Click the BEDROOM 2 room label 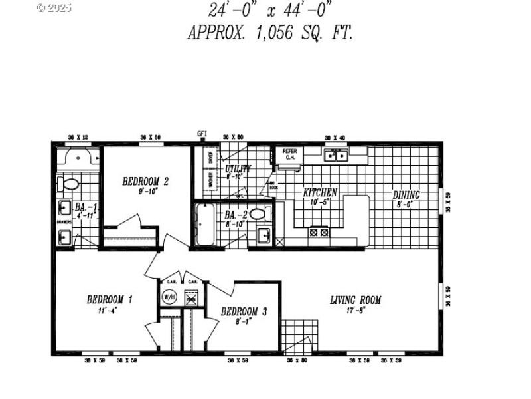[x=145, y=181]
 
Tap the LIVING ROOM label [x=356, y=300]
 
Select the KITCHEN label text [x=321, y=193]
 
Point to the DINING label [x=406, y=195]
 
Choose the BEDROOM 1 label [x=110, y=299]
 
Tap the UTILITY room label [x=238, y=169]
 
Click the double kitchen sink [x=336, y=156]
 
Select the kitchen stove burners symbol [x=319, y=232]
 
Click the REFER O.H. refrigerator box [x=289, y=154]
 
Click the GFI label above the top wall [x=202, y=134]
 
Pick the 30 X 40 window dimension [x=335, y=137]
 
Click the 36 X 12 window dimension [x=78, y=137]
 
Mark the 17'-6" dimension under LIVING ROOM [x=356, y=310]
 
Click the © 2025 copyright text [x=54, y=8]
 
